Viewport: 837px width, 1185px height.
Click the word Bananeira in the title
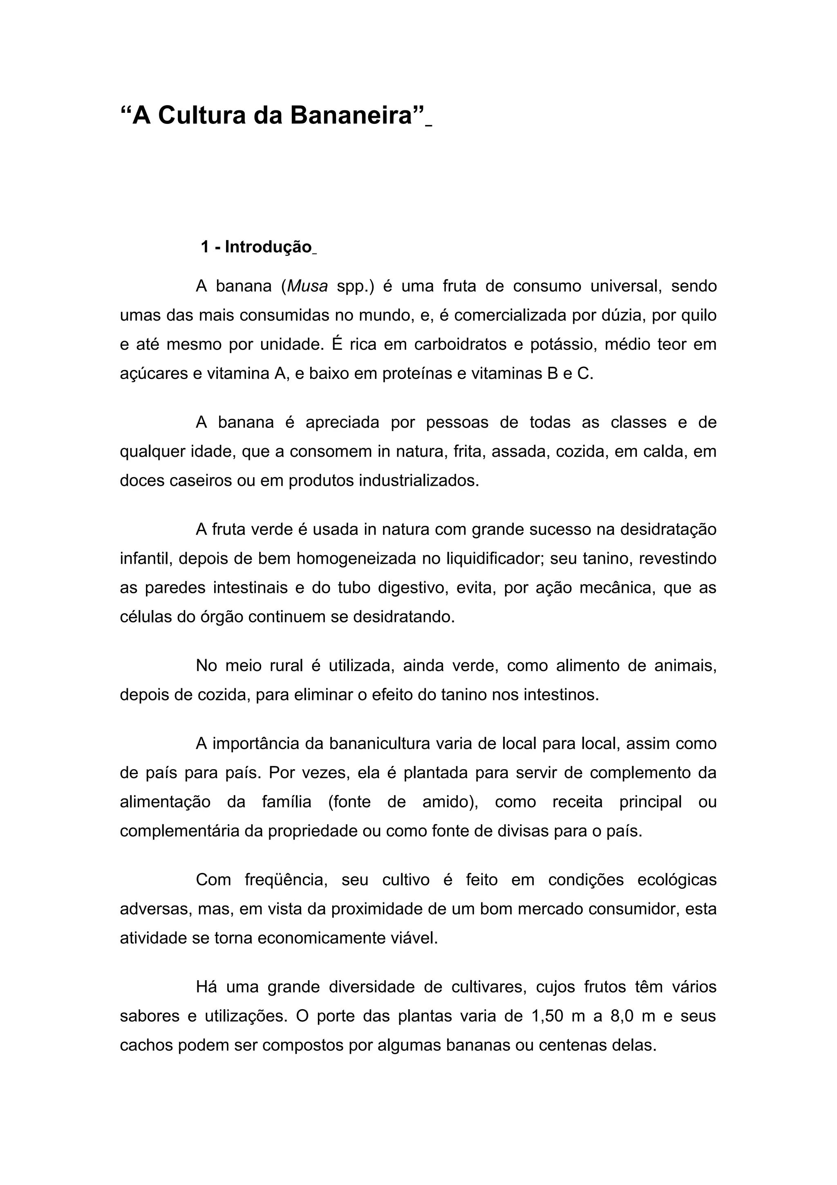351,114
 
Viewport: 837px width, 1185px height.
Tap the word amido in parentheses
447,802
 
